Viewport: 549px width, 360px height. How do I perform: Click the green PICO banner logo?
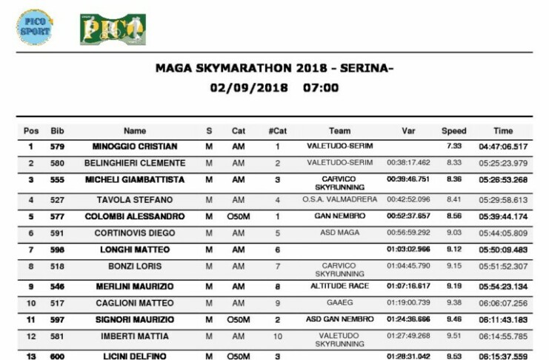(x=113, y=29)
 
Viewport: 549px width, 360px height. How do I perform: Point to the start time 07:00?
(x=321, y=87)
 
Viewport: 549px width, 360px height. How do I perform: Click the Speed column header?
(x=454, y=131)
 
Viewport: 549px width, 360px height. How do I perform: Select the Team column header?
(x=339, y=131)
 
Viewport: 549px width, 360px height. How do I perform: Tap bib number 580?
(x=57, y=163)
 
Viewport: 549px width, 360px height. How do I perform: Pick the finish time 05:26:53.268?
(x=504, y=180)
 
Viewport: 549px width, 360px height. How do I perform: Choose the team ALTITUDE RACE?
(x=339, y=285)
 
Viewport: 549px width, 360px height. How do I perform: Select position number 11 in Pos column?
(x=31, y=319)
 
